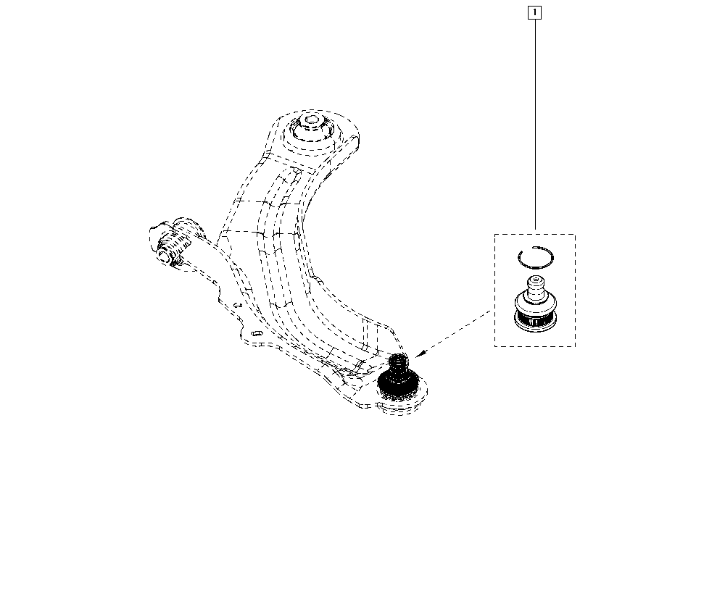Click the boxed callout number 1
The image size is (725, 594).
(x=534, y=12)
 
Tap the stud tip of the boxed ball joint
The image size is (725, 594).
(x=536, y=280)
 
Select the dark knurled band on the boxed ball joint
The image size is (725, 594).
(x=536, y=319)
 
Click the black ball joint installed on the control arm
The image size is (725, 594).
(x=398, y=377)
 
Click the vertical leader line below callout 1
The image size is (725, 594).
(x=536, y=125)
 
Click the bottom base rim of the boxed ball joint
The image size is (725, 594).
(x=536, y=327)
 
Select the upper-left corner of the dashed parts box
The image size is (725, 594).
(x=494, y=234)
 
